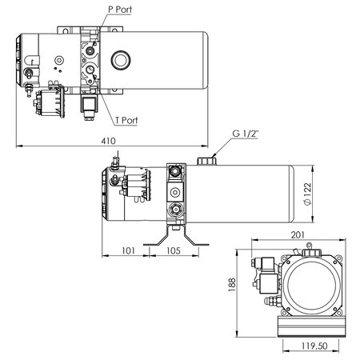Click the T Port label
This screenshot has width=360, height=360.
(127, 120)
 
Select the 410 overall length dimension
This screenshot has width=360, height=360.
(108, 141)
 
